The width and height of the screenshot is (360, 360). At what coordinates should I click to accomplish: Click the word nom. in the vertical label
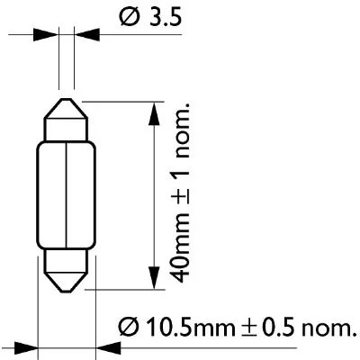(x=180, y=121)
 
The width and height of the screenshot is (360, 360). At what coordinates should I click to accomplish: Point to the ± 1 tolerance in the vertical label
(x=180, y=181)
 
